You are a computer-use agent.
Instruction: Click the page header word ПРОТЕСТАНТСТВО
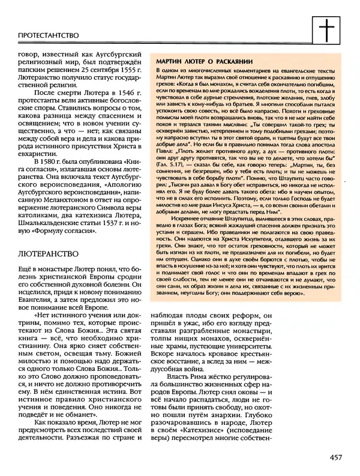click(x=46, y=35)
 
